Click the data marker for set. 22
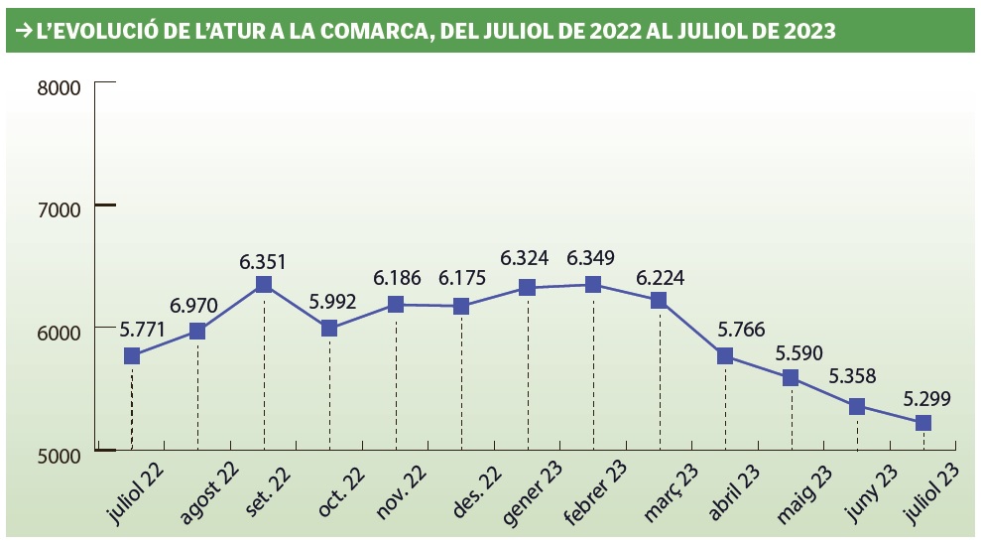pyautogui.click(x=264, y=285)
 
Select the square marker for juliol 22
pyautogui.click(x=132, y=356)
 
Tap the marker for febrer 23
pyautogui.click(x=593, y=285)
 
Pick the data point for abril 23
pyautogui.click(x=725, y=355)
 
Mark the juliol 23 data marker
pyautogui.click(x=922, y=423)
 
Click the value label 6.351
pyautogui.click(x=263, y=262)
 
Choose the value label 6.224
pyautogui.click(x=660, y=278)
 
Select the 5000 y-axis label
pyautogui.click(x=58, y=456)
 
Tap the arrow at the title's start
pyautogui.click(x=20, y=32)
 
